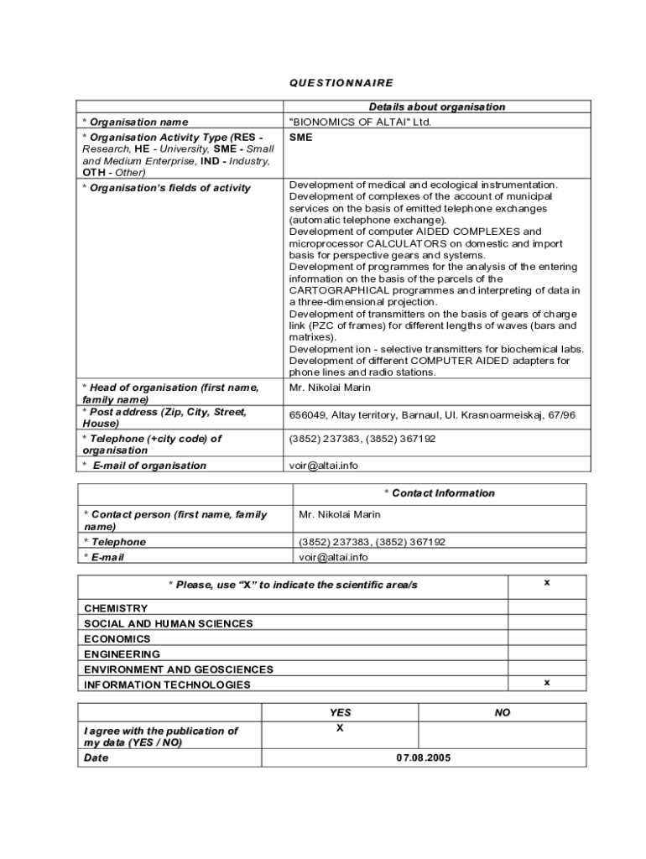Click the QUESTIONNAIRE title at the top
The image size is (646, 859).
click(x=341, y=83)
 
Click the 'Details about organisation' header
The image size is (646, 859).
click(x=436, y=107)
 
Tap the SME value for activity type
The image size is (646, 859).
click(x=300, y=137)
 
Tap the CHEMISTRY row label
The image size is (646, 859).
click(x=116, y=608)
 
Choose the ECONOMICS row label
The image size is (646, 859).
click(x=117, y=638)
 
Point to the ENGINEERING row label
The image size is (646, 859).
click(x=122, y=653)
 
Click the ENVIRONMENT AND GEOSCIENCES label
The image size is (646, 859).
click(x=179, y=669)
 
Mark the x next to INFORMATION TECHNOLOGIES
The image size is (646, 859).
click(x=547, y=683)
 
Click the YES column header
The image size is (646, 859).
click(x=340, y=712)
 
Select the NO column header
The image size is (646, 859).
click(x=502, y=712)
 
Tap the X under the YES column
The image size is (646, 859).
click(x=340, y=728)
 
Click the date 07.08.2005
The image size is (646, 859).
click(x=424, y=757)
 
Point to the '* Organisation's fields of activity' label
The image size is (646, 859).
click(x=166, y=188)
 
